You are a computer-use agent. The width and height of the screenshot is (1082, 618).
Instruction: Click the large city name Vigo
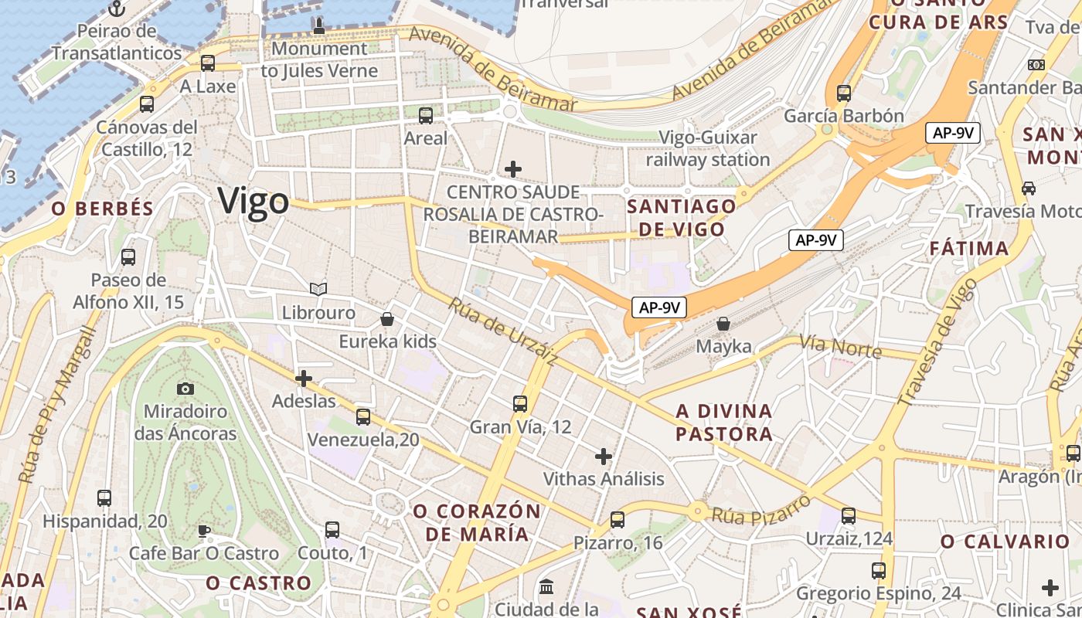[x=253, y=201]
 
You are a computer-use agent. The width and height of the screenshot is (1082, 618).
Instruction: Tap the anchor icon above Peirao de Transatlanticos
[x=117, y=9]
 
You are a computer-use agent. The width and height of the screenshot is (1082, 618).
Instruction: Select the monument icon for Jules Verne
[x=318, y=25]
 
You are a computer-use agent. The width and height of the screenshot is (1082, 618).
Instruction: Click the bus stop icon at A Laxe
[x=207, y=63]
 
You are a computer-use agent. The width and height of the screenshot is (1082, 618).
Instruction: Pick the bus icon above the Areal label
[x=425, y=116]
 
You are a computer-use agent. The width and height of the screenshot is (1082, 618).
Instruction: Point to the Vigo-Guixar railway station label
[x=708, y=149]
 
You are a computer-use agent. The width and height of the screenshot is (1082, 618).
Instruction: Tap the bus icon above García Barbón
[x=843, y=93]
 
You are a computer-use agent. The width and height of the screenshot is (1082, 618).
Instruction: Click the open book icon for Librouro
[x=318, y=289]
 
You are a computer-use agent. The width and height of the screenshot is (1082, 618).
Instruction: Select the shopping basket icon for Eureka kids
[x=387, y=319]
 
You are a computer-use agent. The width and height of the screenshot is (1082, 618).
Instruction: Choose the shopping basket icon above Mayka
[x=723, y=324]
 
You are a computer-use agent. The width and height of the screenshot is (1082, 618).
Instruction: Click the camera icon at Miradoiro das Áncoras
[x=185, y=389]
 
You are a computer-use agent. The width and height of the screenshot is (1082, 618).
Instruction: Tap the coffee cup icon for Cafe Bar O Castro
[x=203, y=531]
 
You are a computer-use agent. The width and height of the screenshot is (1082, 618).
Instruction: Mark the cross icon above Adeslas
[x=304, y=379]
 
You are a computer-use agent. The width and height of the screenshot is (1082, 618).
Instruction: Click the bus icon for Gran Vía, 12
[x=520, y=403]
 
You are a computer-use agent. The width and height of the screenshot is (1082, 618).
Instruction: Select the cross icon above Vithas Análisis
[x=604, y=456]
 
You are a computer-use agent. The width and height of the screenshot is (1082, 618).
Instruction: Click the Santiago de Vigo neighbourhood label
[x=681, y=218]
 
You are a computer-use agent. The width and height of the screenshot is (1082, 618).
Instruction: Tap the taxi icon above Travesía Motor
[x=1029, y=188]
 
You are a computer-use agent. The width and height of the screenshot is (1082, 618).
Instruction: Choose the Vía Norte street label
[x=840, y=346]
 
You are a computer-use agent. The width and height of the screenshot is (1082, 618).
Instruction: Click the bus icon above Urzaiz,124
[x=849, y=515]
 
